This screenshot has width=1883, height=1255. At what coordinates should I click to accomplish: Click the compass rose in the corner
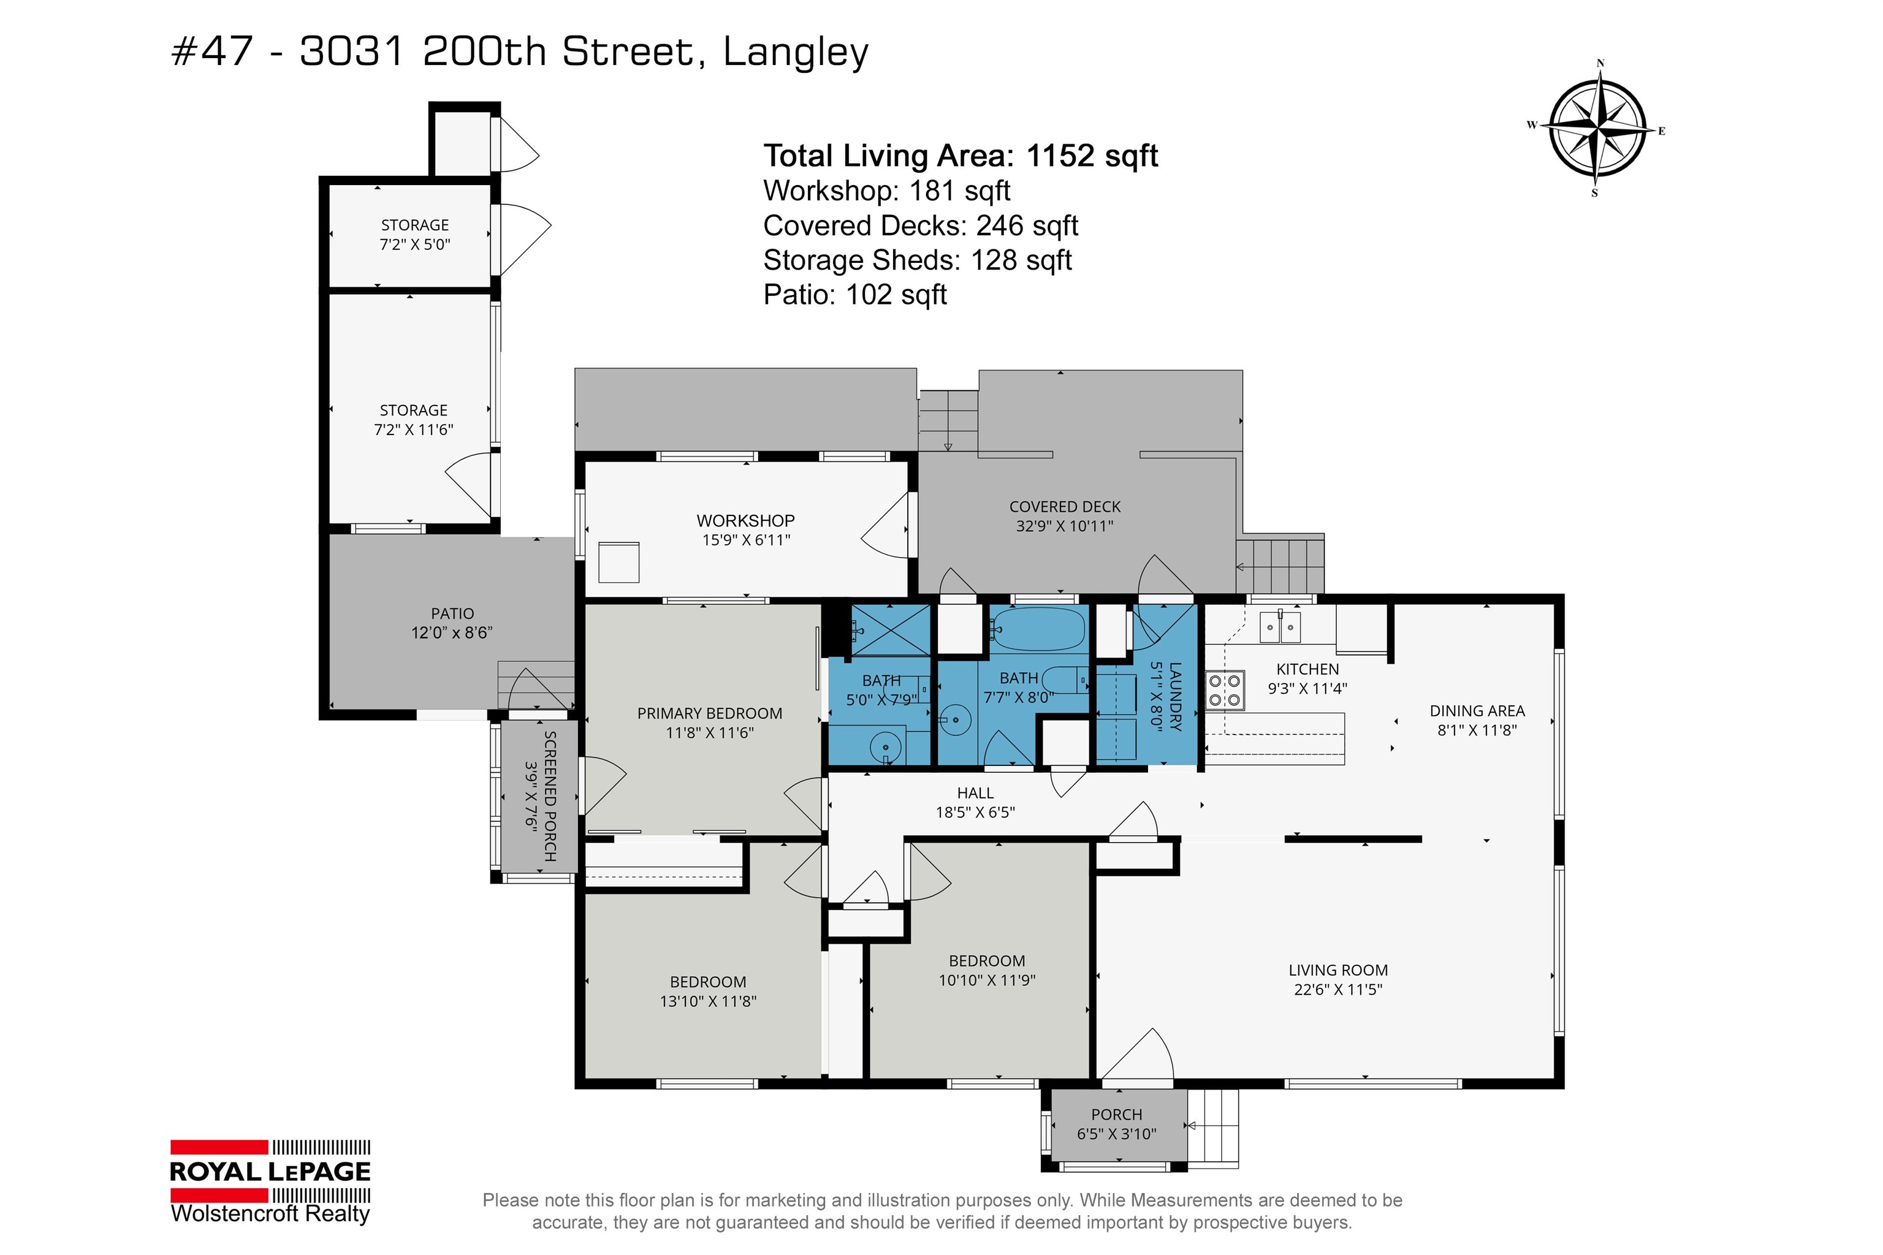1598,129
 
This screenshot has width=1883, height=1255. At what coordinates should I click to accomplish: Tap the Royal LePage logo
270,1181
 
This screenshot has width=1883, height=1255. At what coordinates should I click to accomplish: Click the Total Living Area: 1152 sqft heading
960,155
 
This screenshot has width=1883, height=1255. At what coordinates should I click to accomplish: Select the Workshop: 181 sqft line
886,191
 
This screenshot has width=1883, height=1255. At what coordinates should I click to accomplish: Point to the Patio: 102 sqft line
854,295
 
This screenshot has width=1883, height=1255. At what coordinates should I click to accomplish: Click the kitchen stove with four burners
1225,691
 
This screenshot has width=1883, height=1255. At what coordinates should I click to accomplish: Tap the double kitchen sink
1280,627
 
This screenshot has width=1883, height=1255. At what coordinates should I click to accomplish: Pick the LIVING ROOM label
1338,970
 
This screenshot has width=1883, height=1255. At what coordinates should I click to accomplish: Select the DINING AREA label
1477,711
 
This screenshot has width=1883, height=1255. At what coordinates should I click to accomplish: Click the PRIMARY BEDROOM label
709,713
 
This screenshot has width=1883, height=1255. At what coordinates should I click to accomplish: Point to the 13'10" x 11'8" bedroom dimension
708,1001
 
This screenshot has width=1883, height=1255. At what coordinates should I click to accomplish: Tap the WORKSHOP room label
745,520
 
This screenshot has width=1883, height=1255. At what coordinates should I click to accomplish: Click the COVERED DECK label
1065,507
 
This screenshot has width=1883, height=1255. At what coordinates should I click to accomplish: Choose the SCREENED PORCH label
550,797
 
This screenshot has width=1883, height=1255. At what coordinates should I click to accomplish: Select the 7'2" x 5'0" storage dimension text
415,244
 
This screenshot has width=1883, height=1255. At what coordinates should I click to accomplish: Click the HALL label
975,793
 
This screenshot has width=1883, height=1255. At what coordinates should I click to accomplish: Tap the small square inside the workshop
619,562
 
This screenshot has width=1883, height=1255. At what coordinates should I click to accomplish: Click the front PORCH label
1116,1115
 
